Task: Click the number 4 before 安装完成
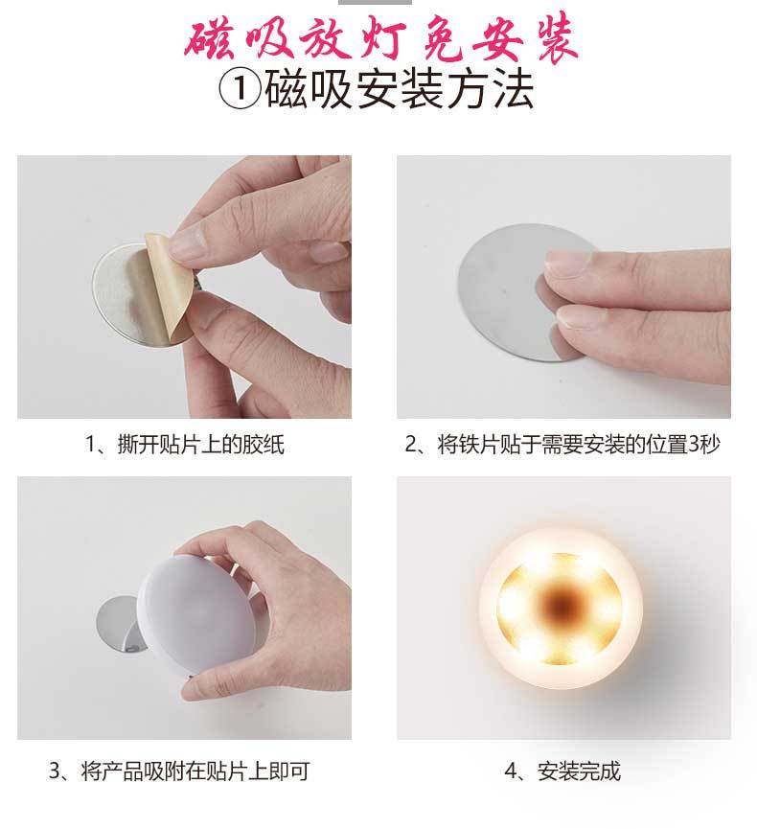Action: point(509,771)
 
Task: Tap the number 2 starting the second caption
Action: point(411,445)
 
